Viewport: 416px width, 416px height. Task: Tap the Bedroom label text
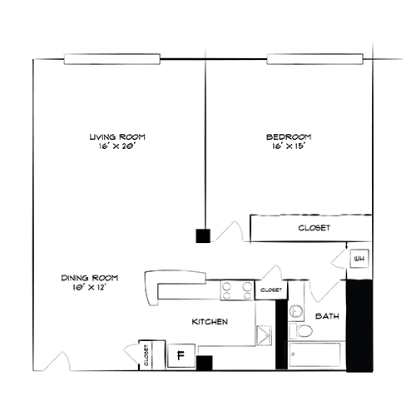click(289, 136)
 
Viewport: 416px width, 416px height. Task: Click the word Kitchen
click(210, 321)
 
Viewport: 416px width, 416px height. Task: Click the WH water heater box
click(359, 260)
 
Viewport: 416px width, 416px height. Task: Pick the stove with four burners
click(236, 290)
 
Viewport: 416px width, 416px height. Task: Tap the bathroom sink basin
click(297, 312)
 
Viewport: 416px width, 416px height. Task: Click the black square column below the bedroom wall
click(202, 235)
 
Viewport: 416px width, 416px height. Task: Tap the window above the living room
click(111, 59)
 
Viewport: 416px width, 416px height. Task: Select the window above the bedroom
click(315, 59)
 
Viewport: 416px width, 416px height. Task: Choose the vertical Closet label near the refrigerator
click(146, 355)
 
